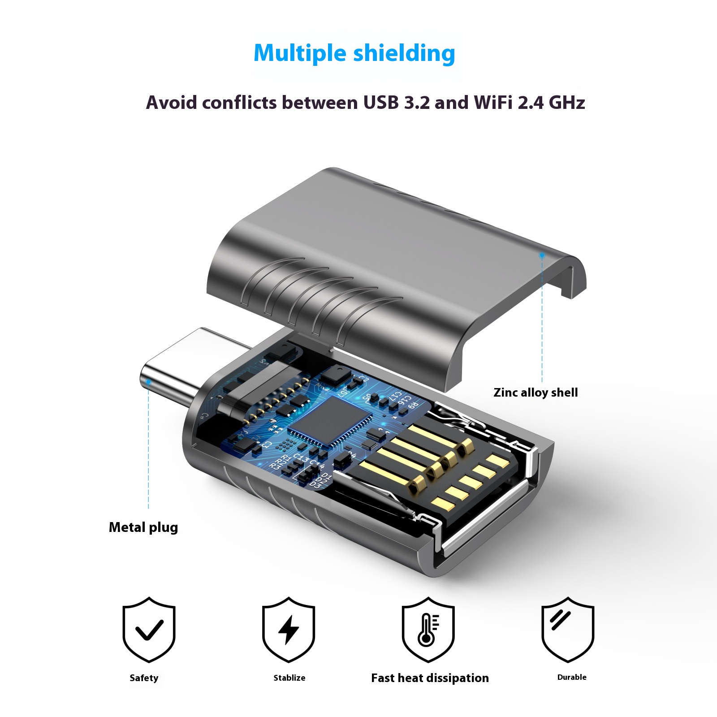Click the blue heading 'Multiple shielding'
(354, 53)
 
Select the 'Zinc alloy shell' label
(535, 393)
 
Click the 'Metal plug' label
(143, 527)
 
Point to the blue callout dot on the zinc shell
(542, 255)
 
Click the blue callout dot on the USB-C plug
(148, 382)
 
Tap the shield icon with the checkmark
(149, 629)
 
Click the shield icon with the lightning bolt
(289, 629)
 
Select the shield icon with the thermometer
(428, 629)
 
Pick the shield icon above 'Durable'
(568, 629)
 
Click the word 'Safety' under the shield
(144, 678)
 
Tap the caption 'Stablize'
(289, 678)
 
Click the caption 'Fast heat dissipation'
(430, 678)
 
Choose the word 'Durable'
(572, 677)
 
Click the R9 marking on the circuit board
(412, 406)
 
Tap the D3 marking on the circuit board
(315, 485)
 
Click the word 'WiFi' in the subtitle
(493, 103)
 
